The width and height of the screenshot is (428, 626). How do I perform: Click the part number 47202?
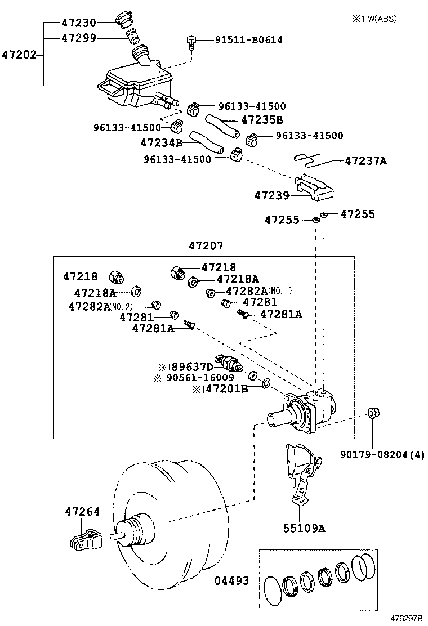[20, 55]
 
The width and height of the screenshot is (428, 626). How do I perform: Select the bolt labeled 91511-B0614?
[192, 42]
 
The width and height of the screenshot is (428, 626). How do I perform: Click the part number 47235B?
[261, 120]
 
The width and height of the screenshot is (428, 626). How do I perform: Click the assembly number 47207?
[206, 246]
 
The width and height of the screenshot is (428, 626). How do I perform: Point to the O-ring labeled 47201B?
[266, 384]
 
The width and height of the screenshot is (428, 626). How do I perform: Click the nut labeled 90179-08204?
[372, 414]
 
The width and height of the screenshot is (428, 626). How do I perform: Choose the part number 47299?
[78, 38]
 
